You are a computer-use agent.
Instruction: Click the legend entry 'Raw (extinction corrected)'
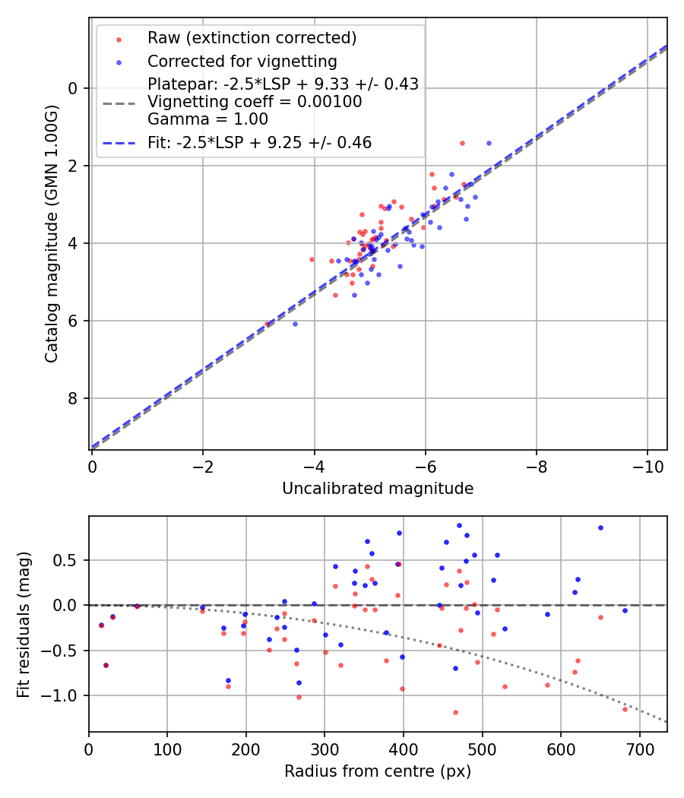click(x=252, y=38)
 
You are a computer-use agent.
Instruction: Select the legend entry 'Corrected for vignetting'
click(x=242, y=61)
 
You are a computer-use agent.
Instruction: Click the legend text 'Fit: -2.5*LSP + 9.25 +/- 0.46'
click(x=259, y=142)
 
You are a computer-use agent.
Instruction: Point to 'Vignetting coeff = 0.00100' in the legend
click(x=255, y=102)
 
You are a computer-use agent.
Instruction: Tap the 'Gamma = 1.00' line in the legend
click(x=207, y=119)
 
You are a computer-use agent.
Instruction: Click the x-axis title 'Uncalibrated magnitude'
click(x=378, y=489)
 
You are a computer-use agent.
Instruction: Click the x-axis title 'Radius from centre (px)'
click(x=378, y=771)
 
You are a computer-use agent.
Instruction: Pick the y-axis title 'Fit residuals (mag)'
click(x=24, y=623)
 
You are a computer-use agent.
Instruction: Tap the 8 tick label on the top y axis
click(x=73, y=398)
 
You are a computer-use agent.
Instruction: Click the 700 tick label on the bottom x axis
click(x=639, y=749)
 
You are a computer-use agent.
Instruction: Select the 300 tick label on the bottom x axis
click(x=325, y=749)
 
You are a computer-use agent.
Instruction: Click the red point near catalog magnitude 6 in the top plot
click(x=267, y=324)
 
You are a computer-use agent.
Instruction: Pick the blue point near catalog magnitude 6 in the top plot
click(x=295, y=324)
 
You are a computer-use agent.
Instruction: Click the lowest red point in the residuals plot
click(x=455, y=712)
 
